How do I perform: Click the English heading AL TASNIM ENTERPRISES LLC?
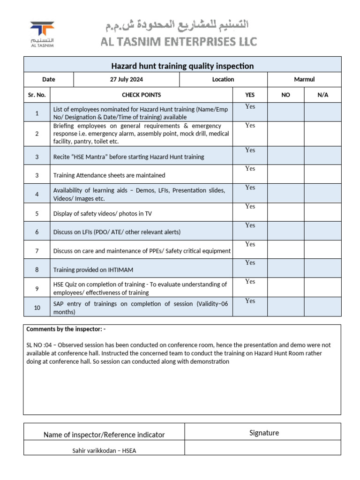coord(179,42)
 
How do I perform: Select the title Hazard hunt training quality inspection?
coord(182,66)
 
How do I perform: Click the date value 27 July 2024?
coord(127,80)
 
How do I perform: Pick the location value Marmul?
coord(304,80)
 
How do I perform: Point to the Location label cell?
coord(223,80)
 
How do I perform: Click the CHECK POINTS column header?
coord(142,95)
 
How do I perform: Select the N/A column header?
coord(322,95)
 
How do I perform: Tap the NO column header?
coord(285,95)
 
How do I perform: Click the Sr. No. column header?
coord(37,95)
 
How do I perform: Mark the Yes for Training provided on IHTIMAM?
coord(250,263)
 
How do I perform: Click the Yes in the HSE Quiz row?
coord(250,282)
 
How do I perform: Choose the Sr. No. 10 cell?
coord(37,307)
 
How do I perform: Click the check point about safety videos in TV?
coord(103,214)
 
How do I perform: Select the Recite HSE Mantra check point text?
coord(128,157)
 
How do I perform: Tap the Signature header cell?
coord(264,433)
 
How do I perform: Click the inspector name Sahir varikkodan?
coord(104,450)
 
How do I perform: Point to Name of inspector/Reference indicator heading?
coord(104,435)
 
